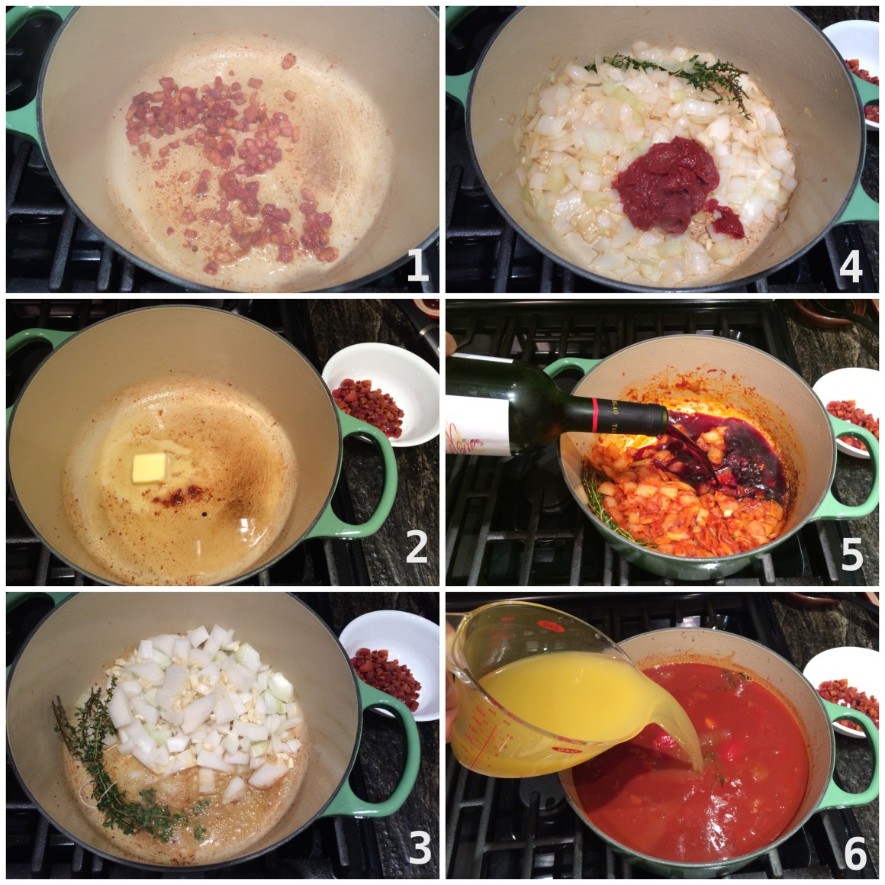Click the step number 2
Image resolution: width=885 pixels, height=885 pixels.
click(417, 547)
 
